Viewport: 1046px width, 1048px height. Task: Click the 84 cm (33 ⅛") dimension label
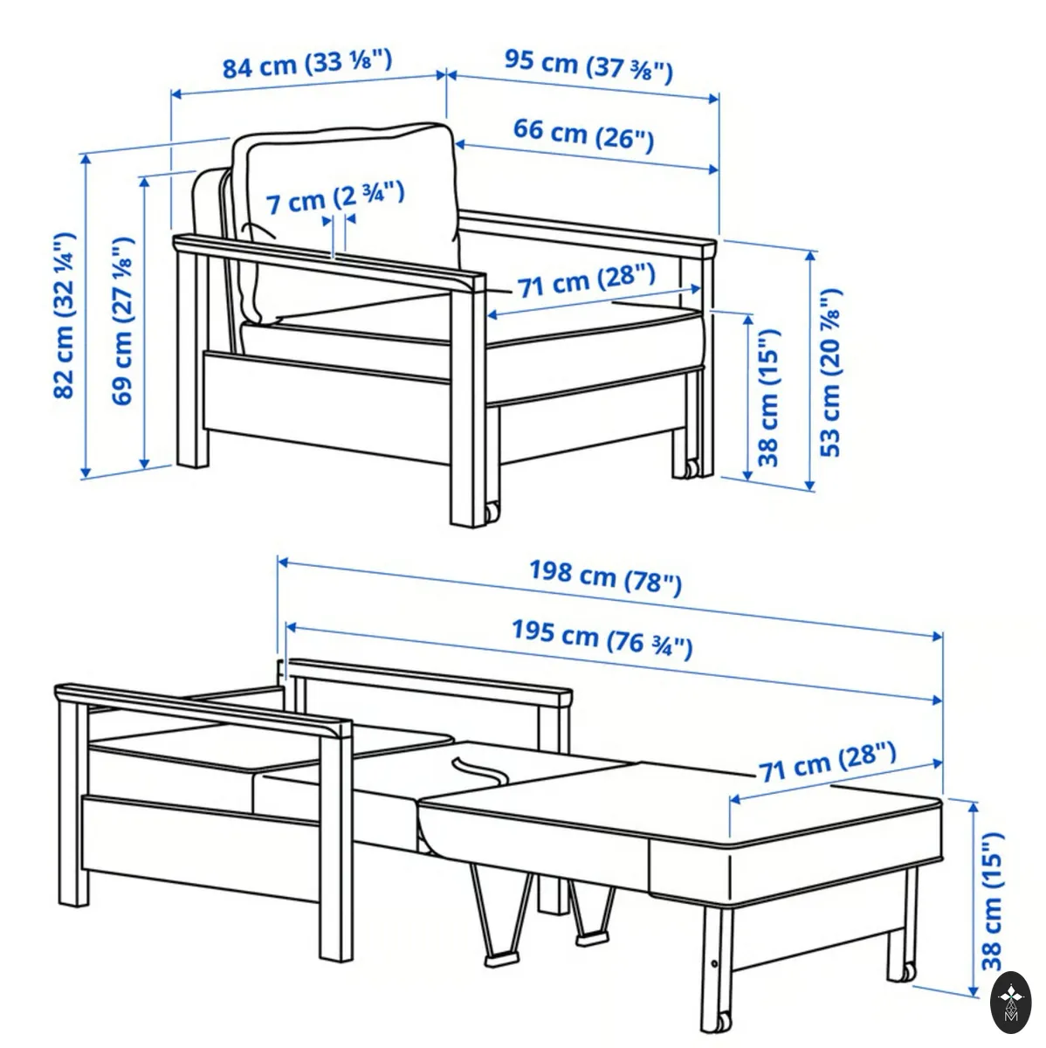click(x=307, y=64)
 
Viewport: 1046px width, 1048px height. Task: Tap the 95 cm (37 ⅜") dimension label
click(x=588, y=66)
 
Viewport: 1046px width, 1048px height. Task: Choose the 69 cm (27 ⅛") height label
click(x=122, y=321)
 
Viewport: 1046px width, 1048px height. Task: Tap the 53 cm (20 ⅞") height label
click(x=830, y=373)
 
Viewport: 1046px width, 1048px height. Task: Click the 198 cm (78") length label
click(x=605, y=579)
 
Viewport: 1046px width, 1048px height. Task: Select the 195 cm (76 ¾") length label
click(x=602, y=639)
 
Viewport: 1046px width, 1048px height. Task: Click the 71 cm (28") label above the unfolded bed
click(x=827, y=762)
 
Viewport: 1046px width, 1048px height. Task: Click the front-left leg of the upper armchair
click(x=468, y=402)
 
